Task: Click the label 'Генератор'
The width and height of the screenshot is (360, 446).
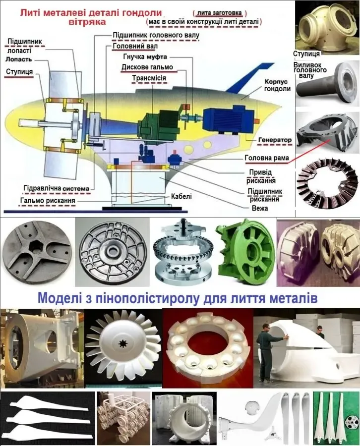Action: (x=275, y=140)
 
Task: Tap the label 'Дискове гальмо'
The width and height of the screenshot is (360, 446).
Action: (x=147, y=67)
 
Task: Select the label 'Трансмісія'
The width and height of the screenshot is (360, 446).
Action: (x=149, y=78)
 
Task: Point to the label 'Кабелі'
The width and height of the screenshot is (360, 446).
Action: (x=181, y=196)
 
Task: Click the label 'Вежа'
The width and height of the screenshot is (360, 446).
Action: (x=260, y=208)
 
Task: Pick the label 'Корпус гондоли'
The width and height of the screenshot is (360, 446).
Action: (x=278, y=85)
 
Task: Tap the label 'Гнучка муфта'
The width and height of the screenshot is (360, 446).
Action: (x=145, y=56)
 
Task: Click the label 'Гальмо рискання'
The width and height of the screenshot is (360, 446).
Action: (x=48, y=201)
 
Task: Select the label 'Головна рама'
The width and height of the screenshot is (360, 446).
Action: (x=267, y=158)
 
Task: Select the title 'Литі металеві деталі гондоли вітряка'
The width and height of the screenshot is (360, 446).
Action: (x=91, y=17)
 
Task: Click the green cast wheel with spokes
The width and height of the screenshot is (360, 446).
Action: (x=245, y=252)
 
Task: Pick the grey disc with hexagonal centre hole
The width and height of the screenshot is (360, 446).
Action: (x=37, y=251)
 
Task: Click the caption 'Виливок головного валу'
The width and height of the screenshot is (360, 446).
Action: (x=309, y=70)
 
